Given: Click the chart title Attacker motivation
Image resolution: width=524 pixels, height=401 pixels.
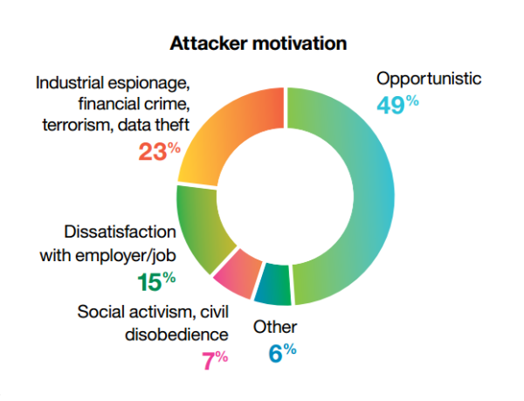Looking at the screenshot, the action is (x=259, y=44).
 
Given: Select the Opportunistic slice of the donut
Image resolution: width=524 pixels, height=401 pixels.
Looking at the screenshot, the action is (x=374, y=197).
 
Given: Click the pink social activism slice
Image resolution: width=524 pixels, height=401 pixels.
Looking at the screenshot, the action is (x=238, y=273).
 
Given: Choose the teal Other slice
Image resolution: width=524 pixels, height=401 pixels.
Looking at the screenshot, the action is (x=272, y=285).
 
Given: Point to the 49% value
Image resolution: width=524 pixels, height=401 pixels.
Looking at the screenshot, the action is (x=397, y=105).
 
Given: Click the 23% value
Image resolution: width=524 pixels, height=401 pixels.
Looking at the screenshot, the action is (x=160, y=151).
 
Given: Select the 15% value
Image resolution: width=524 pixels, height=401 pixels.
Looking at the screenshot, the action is (x=156, y=281).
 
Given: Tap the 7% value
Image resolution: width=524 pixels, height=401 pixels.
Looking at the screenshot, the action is (x=215, y=360).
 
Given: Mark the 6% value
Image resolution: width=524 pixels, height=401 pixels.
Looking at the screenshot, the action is (x=283, y=353).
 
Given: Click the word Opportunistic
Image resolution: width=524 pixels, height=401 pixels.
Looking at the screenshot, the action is (x=429, y=80).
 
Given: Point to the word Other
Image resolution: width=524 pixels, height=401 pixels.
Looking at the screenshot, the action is (x=275, y=327).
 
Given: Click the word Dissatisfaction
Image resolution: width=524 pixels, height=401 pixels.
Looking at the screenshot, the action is (x=120, y=232).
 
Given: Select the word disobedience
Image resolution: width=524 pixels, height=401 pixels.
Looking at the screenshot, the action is (x=176, y=334).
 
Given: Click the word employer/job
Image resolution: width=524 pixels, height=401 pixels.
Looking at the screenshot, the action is (x=126, y=257).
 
